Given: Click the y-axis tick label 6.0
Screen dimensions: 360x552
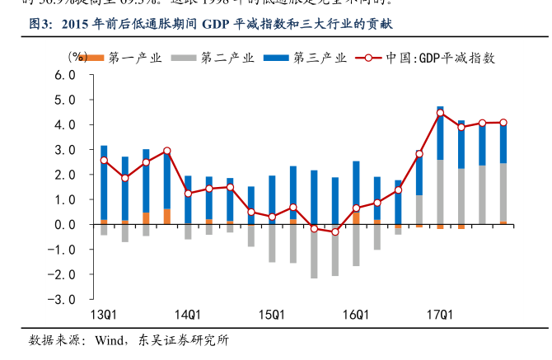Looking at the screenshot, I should point(65,74).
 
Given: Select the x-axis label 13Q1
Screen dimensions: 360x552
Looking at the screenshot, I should point(103,315).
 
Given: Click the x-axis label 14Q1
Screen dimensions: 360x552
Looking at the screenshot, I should point(188,315).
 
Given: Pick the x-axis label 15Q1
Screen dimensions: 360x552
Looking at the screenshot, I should point(272,315).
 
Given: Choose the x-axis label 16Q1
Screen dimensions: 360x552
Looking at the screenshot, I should point(356,315).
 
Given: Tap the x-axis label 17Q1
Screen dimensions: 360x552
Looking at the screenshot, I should point(440,315).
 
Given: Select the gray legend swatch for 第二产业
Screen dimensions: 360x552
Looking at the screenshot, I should point(182,58).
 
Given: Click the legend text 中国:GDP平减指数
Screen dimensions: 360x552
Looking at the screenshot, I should point(441,58).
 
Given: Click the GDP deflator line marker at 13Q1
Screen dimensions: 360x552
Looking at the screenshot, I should point(104,161).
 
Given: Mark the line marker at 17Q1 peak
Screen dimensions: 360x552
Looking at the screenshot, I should point(440,113).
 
